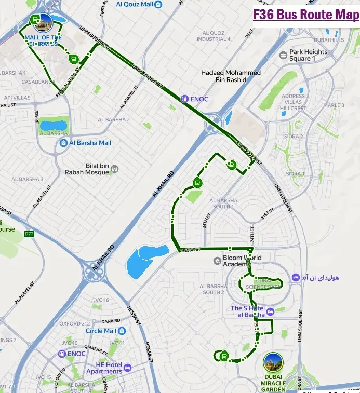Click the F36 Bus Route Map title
coord(306,15)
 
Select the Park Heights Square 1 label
coord(309,55)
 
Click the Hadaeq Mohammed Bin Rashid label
coord(231,76)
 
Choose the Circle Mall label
coord(101,331)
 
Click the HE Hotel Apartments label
coord(104,368)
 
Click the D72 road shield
coord(29,234)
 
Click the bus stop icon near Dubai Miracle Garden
coord(224,356)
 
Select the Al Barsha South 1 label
coord(224,204)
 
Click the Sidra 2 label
coord(295,137)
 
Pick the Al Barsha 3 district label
coord(27,179)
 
